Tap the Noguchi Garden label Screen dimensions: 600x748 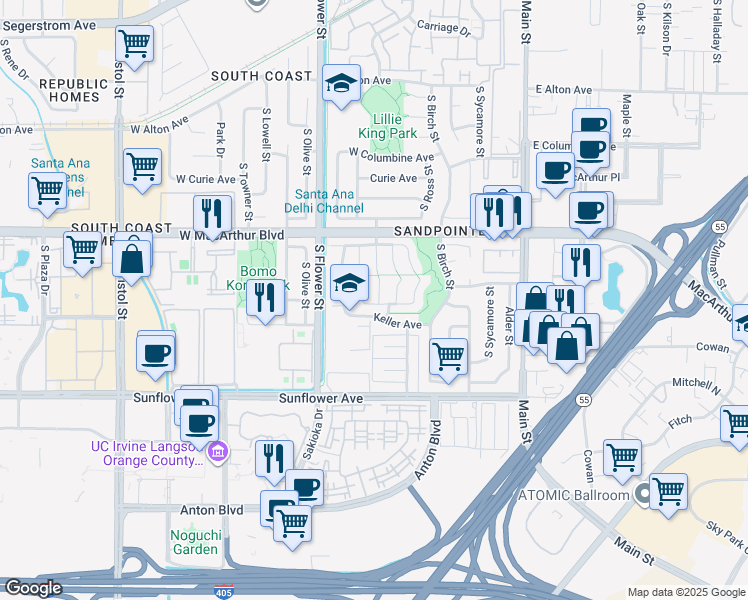tap(194, 541)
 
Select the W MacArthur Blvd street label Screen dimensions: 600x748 tap(235, 235)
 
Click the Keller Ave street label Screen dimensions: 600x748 tap(397, 323)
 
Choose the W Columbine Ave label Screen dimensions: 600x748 tap(391, 156)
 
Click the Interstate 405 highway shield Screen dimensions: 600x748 tap(224, 592)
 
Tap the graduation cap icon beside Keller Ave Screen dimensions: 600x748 tap(350, 283)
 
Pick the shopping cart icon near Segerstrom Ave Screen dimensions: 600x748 tap(134, 44)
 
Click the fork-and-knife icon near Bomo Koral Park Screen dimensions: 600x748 tap(265, 297)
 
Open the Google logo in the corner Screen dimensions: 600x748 tap(34, 588)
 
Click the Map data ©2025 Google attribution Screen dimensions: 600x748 tap(685, 592)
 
